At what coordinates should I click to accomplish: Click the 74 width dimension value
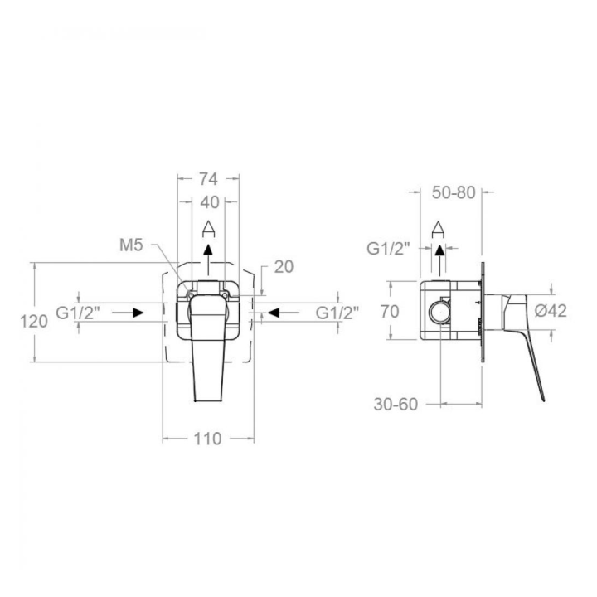[x=209, y=178]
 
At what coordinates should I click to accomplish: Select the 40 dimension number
[x=210, y=202]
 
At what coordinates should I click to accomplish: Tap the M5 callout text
[x=131, y=245]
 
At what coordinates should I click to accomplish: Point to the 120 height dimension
[x=34, y=322]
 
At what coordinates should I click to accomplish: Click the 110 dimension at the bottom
[x=207, y=439]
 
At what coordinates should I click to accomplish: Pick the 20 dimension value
[x=284, y=267]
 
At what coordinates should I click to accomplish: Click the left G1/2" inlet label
[x=78, y=313]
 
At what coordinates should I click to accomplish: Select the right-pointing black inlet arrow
[x=128, y=313]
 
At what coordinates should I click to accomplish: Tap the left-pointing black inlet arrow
[x=284, y=313]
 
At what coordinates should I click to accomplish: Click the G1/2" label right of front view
[x=337, y=313]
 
